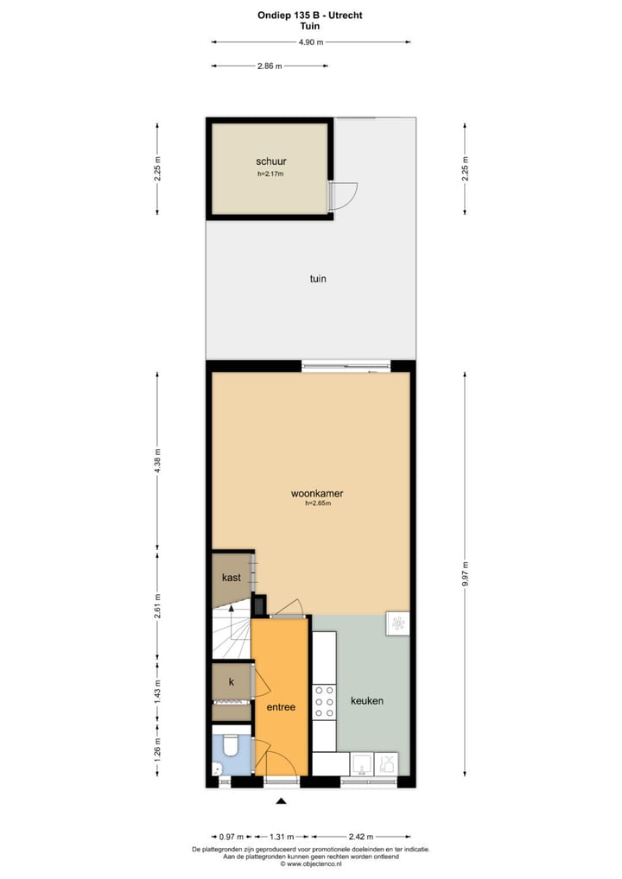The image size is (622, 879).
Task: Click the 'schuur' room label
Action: [x=270, y=161]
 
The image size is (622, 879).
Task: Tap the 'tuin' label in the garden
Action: [x=317, y=279]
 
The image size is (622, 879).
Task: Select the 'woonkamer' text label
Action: [x=317, y=494]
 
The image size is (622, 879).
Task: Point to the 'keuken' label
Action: [x=367, y=700]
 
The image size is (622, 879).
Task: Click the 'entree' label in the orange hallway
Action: [x=281, y=706]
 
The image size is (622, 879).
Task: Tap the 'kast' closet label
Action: [x=231, y=577]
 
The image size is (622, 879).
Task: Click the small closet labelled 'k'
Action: [x=231, y=682]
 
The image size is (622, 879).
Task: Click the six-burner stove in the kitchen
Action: [x=324, y=701]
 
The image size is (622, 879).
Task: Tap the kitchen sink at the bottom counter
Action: [x=362, y=763]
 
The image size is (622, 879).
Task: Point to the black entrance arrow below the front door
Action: [x=280, y=802]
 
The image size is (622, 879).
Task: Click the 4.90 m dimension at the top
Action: [x=311, y=41]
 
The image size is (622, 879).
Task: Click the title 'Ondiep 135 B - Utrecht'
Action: [x=310, y=14]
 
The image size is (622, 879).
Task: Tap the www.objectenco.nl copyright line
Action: [x=310, y=863]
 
